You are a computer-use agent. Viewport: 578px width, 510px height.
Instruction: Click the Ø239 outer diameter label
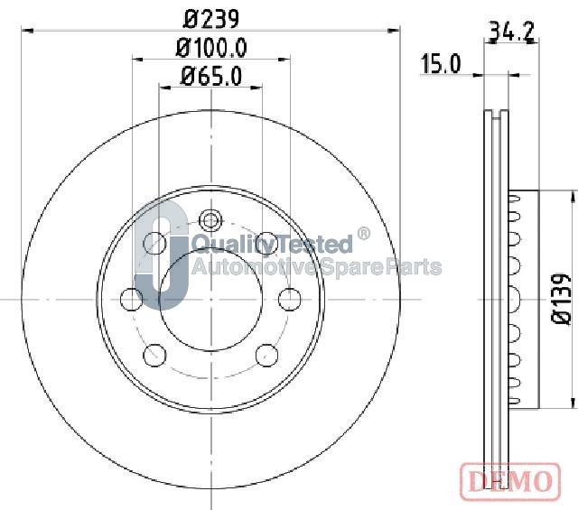tap(211, 19)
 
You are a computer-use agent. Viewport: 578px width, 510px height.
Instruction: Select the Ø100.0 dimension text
tap(211, 48)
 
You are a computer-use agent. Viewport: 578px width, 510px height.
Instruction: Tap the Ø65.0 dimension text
tap(211, 77)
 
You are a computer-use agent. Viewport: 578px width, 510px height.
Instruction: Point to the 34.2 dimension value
tap(511, 32)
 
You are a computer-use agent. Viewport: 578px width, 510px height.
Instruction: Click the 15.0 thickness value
tap(441, 64)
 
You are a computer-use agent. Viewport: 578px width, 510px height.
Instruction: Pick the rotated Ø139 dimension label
tap(561, 299)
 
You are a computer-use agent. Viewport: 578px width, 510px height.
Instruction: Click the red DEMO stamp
tap(510, 482)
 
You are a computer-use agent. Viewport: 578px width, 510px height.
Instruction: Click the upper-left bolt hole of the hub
tap(154, 243)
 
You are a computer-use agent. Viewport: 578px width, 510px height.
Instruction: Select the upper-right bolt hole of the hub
tap(267, 243)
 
